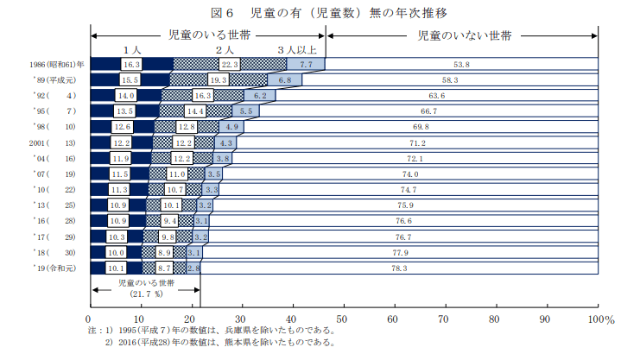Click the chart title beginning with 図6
321,12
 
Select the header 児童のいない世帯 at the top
464,37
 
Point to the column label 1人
131,50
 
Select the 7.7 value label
306,65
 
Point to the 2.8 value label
193,268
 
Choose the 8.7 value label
164,268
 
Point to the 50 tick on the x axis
343,319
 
